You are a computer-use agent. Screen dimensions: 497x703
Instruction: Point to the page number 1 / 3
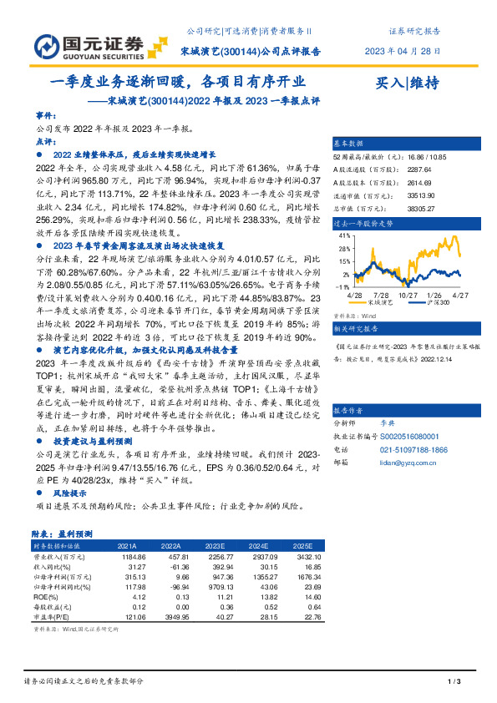(454, 684)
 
